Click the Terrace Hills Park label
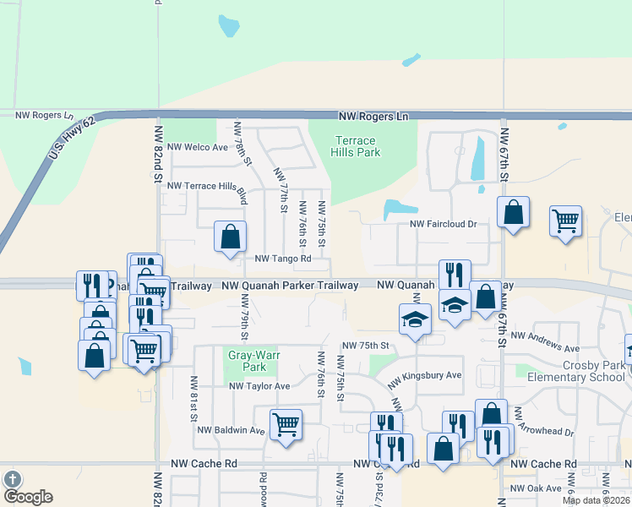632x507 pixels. click(357, 145)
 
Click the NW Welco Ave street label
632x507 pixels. click(198, 147)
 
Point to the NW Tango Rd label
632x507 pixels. click(283, 259)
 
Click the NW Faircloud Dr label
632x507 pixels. click(444, 224)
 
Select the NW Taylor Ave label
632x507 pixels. click(259, 386)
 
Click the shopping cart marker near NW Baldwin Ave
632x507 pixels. click(286, 426)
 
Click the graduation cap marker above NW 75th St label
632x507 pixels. click(415, 320)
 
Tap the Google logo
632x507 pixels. click(27, 496)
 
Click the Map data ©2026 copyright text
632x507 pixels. click(595, 500)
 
